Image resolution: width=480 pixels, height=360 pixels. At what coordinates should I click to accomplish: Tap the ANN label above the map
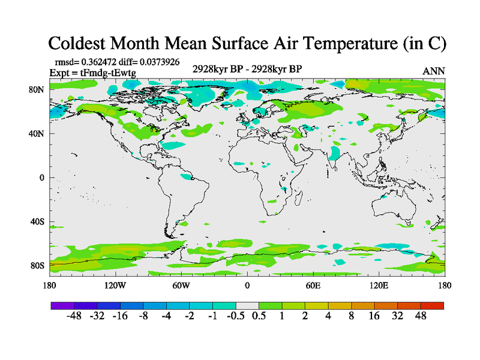coord(434,71)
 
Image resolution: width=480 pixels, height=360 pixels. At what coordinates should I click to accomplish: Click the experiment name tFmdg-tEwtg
coord(109,73)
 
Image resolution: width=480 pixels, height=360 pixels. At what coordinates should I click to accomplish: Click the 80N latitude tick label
coord(37,89)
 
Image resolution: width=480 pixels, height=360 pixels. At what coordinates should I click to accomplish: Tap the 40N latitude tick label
coord(37,134)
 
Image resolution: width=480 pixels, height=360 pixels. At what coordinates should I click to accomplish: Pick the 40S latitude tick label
coord(37,222)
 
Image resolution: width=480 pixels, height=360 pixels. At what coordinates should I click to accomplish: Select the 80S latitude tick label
coord(37,266)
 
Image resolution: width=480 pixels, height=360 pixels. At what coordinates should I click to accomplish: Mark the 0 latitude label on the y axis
coord(42,178)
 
